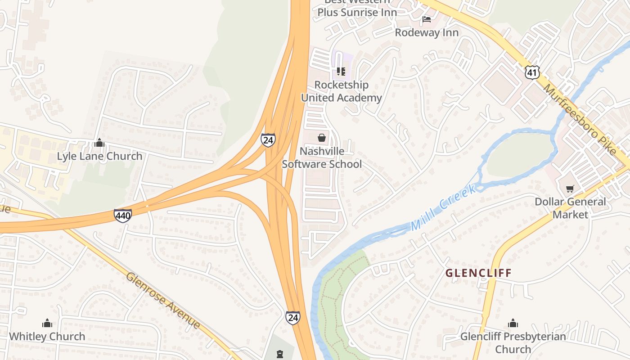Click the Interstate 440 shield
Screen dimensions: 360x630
122,216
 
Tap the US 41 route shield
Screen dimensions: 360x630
532,72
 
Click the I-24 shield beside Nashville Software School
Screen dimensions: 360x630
268,140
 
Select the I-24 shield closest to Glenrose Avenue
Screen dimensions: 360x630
292,318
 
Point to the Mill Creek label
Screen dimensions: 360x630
443,208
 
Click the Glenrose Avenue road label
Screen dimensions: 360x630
163,300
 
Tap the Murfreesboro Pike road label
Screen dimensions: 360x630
580,119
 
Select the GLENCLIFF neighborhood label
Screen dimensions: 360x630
478,273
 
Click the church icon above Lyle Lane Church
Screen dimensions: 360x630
99,143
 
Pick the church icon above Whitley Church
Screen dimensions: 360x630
47,323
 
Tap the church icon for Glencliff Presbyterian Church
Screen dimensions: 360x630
513,323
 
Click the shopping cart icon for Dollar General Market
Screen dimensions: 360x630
570,189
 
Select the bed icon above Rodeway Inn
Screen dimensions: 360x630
427,19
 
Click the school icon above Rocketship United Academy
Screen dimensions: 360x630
341,72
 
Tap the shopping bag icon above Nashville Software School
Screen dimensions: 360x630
322,138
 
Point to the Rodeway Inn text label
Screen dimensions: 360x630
427,32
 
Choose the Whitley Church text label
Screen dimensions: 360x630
47,336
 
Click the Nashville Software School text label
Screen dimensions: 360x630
322,157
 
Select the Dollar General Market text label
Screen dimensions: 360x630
570,208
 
